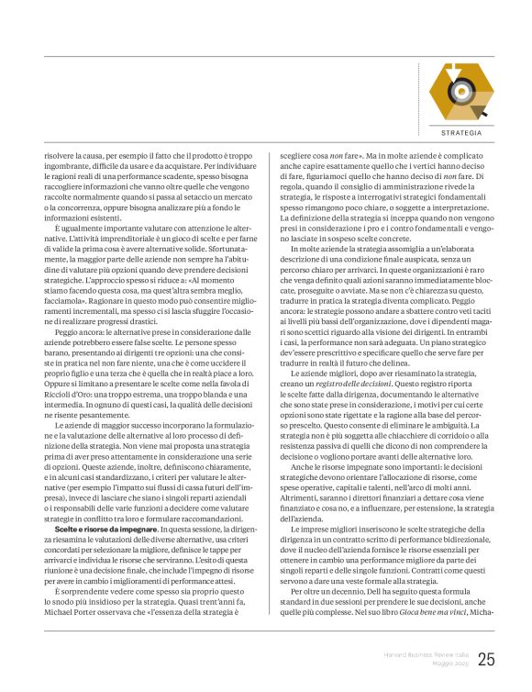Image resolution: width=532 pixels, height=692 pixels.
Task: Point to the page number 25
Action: [x=486, y=659]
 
